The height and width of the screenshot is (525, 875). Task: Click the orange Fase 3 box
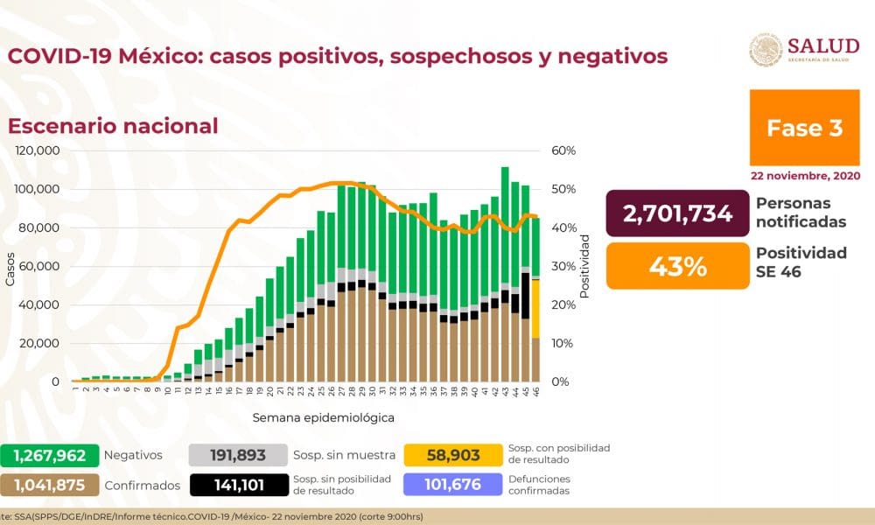pos(804,128)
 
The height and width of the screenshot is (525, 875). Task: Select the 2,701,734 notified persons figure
pos(679,213)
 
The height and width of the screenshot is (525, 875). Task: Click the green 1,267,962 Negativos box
pos(48,455)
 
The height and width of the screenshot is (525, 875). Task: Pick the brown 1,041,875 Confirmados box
pos(48,485)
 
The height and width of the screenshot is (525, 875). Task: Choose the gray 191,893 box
pos(238,455)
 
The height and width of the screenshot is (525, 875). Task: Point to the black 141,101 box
pos(238,485)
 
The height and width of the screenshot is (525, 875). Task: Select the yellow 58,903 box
pos(453,455)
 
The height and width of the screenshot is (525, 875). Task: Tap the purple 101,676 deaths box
pos(453,485)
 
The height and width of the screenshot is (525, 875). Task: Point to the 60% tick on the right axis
pos(564,150)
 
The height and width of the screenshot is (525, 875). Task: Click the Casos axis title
pos(10,267)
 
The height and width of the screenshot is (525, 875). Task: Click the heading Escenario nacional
pos(113,125)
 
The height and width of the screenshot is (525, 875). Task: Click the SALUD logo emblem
pos(766,51)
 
